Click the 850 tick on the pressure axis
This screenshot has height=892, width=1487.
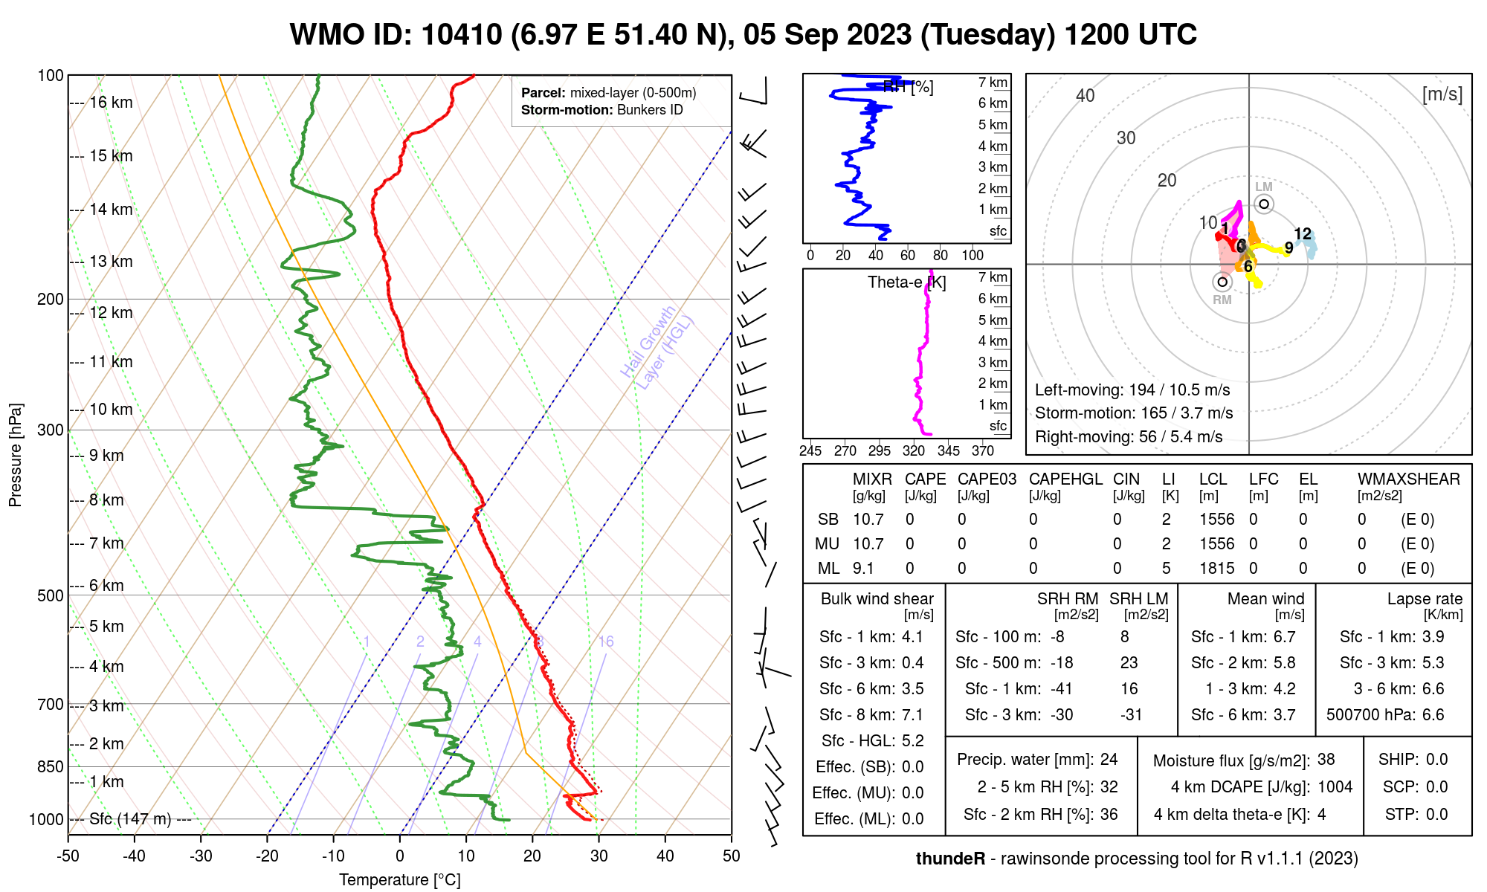51,766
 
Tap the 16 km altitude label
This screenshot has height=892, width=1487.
111,103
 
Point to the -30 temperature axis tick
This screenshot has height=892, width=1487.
201,856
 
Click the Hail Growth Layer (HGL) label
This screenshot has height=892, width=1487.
657,348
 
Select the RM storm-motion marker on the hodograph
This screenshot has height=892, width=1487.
1222,282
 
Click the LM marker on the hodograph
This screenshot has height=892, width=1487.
1264,204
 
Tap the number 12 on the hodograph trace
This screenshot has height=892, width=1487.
1303,234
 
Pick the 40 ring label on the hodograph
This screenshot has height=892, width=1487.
1086,96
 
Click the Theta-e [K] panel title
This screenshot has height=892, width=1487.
907,282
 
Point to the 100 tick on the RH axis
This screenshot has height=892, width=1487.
972,255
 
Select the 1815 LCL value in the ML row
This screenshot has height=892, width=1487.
1216,569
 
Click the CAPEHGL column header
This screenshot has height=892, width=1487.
1065,479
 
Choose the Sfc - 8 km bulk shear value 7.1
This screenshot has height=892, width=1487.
912,715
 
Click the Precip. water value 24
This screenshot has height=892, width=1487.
1109,760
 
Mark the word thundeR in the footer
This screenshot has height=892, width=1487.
950,859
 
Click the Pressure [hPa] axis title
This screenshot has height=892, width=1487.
16,455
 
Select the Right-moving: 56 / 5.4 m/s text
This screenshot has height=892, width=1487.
1129,437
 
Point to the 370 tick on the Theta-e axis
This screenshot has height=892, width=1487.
983,450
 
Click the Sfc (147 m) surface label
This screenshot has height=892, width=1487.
130,819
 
